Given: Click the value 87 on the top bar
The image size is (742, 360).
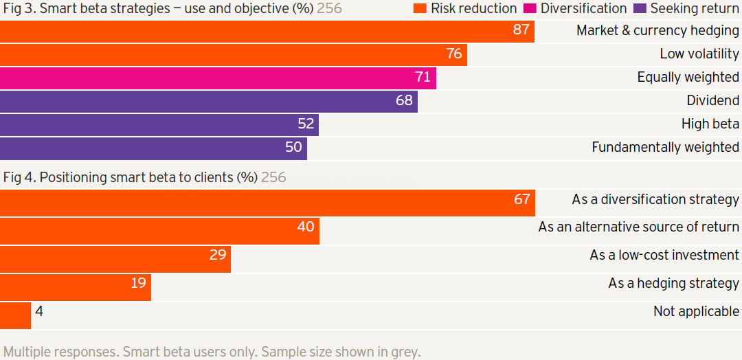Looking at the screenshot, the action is click(x=521, y=30).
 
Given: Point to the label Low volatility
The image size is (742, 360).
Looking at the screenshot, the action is click(x=699, y=54).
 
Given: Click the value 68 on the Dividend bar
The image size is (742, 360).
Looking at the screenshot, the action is click(x=404, y=100).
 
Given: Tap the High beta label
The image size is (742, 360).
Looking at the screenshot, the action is click(x=710, y=124).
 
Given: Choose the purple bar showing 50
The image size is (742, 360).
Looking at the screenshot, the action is click(x=153, y=148).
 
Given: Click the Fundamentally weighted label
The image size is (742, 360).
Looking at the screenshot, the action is click(x=665, y=147).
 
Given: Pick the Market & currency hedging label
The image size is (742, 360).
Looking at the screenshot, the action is click(x=657, y=31).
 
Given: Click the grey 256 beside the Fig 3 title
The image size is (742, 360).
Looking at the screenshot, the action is click(x=329, y=9).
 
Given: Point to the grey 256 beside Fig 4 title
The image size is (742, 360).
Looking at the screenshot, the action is click(x=273, y=177).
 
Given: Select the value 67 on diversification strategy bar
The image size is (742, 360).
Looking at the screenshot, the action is click(x=522, y=199).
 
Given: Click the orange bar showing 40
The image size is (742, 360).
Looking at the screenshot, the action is click(x=159, y=232).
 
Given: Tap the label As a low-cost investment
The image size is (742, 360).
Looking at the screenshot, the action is click(x=664, y=255).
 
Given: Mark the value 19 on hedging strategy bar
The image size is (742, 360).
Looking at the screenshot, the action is click(x=139, y=283).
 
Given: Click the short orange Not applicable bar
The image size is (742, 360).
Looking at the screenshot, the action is click(x=15, y=315).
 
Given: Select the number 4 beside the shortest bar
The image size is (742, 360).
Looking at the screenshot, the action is click(x=39, y=312).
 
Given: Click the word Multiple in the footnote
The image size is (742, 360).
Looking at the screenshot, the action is click(x=25, y=352).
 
